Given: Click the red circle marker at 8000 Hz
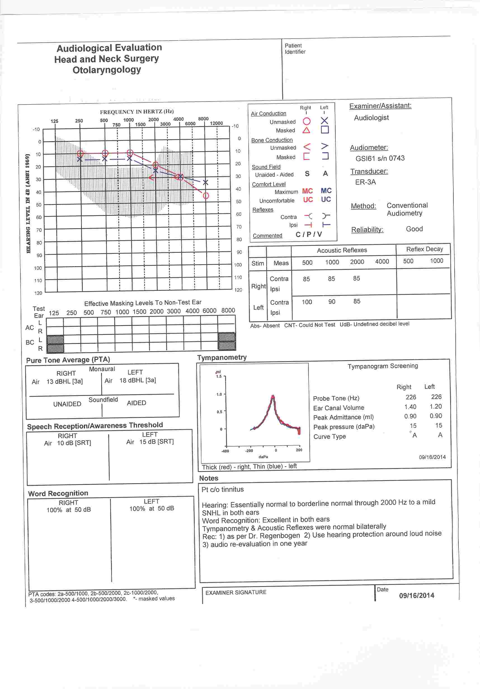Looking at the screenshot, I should point(206,196).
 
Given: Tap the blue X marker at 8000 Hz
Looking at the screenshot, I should point(205,182).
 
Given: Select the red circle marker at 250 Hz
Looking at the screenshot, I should point(80,153).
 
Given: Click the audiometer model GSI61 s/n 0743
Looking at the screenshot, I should point(380,158).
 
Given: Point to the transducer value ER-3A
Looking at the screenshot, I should point(365,182).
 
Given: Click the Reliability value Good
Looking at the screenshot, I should point(414,229).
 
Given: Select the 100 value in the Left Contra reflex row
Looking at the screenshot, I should point(307,302).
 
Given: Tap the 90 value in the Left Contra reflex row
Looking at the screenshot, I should point(331,302).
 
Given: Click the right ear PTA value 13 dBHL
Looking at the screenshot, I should point(64,381).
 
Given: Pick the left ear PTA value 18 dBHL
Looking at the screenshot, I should point(138,380).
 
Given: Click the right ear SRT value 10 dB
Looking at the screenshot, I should point(74,443).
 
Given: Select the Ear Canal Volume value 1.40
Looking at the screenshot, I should point(410,407).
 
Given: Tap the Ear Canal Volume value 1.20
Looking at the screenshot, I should point(436,406).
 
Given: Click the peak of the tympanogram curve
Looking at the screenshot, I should point(272,397).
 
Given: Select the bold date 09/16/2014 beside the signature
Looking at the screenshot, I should point(416,595).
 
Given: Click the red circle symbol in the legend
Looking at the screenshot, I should point(307,121).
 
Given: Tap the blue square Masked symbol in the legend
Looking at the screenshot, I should point(325,130).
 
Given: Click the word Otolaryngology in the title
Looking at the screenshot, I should point(107,70).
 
